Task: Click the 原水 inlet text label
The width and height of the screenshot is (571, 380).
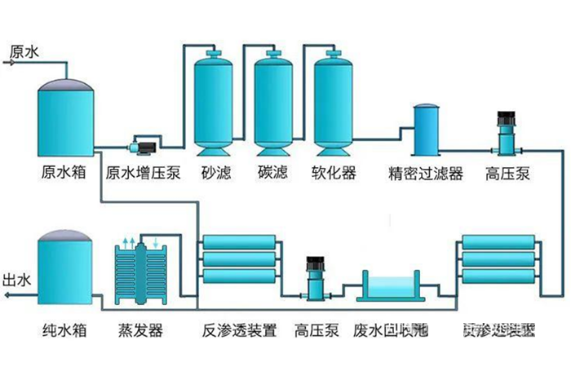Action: (24, 51)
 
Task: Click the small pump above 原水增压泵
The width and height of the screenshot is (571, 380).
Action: (143, 147)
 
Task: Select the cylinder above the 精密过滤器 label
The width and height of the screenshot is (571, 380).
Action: (427, 130)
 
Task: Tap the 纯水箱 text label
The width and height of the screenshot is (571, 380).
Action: (65, 331)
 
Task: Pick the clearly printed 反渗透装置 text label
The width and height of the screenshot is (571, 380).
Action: (239, 331)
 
